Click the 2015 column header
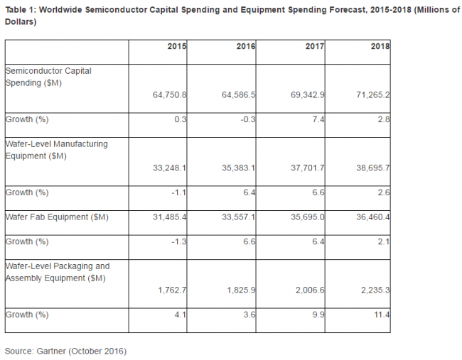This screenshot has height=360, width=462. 177,46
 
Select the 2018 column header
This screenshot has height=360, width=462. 380,46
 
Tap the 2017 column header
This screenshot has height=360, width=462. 315,46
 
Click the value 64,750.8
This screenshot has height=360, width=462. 169,95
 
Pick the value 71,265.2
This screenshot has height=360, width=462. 373,95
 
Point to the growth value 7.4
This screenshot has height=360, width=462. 318,119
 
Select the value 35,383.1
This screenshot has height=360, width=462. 238,168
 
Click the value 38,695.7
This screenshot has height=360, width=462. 373,168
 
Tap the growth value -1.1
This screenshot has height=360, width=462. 179,192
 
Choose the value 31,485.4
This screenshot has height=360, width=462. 169,217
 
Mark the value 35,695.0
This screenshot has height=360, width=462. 308,217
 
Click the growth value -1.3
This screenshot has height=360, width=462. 179,241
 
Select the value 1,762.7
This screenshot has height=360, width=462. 172,290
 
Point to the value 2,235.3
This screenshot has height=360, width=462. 375,290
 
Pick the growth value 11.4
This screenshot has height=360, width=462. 382,315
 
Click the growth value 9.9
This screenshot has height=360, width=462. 318,315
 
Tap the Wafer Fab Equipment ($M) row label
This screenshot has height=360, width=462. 57,217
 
